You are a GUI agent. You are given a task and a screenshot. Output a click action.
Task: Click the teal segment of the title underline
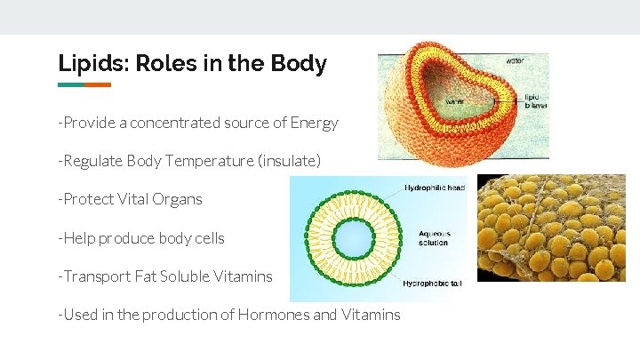[x=71, y=85]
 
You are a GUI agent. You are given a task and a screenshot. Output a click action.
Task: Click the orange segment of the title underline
[x=98, y=85]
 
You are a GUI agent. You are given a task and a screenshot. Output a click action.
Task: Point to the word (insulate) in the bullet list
[x=289, y=161]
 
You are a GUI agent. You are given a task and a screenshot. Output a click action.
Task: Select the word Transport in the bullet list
[x=96, y=276]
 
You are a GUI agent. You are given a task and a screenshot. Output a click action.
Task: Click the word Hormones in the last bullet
[x=272, y=315]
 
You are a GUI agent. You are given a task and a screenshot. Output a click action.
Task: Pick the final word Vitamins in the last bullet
[x=371, y=315]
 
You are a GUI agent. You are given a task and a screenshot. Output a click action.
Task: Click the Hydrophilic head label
[x=435, y=188]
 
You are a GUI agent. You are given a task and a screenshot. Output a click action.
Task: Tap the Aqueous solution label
[x=434, y=238]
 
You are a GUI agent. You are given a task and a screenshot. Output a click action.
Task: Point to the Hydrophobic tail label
[x=432, y=284]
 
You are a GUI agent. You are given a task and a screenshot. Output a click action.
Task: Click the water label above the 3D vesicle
[x=515, y=61]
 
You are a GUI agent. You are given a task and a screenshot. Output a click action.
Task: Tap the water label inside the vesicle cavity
[x=454, y=100]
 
